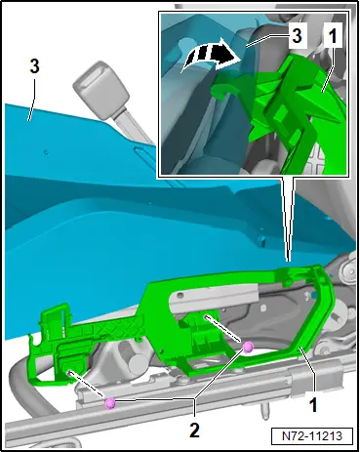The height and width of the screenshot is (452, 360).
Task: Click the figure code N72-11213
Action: click(x=312, y=435)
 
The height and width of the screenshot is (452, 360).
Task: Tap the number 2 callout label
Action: click(x=194, y=431)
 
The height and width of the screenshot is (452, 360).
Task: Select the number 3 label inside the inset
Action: click(x=297, y=35)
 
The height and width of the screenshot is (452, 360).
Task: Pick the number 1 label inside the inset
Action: click(x=333, y=36)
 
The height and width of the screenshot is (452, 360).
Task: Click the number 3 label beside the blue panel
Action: click(x=34, y=66)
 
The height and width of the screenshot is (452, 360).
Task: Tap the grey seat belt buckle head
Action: click(x=100, y=90)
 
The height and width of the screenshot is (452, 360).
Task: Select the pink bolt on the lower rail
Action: click(x=110, y=403)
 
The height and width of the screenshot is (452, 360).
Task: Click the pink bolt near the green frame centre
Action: click(x=248, y=348)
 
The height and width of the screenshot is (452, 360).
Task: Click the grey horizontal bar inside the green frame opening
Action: click(x=215, y=300)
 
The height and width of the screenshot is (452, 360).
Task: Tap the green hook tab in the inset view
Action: click(x=227, y=86)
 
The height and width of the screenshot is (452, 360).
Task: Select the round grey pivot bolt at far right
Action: click(x=346, y=270)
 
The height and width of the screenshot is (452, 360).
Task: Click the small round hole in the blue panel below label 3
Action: click(x=47, y=152)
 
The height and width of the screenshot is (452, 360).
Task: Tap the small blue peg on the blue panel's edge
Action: click(x=261, y=241)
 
